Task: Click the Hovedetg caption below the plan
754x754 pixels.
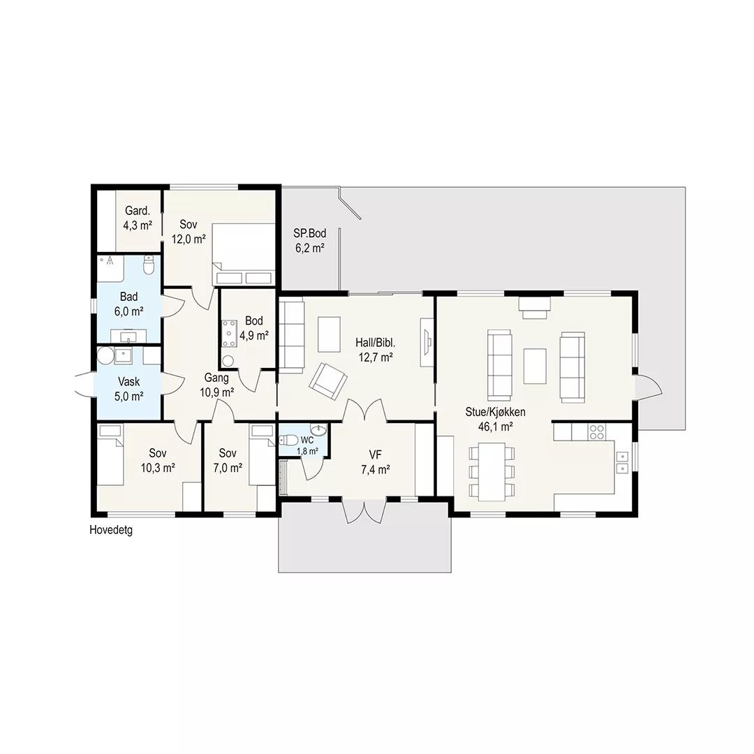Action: click(110, 530)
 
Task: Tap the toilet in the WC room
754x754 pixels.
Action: click(288, 440)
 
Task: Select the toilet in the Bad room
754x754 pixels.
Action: click(149, 265)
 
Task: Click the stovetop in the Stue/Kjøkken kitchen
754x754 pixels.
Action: click(597, 432)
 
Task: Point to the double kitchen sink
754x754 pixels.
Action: click(622, 461)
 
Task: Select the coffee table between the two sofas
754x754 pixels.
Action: click(535, 366)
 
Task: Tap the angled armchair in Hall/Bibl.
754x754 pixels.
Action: click(328, 381)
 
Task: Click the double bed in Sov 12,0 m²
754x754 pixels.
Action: click(243, 255)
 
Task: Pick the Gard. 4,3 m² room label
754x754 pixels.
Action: click(138, 218)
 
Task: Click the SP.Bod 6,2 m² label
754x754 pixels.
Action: click(310, 240)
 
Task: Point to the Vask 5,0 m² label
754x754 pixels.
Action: click(129, 389)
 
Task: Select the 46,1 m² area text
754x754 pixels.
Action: click(495, 427)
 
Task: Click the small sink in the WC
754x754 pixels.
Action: click(318, 429)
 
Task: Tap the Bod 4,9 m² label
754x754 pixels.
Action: click(254, 328)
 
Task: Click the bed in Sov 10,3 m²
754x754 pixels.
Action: click(111, 455)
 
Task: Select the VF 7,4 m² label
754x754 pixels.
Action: click(375, 462)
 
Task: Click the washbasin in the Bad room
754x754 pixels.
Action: click(129, 336)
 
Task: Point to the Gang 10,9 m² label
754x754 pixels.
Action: click(217, 385)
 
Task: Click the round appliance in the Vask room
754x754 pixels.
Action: click(105, 356)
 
